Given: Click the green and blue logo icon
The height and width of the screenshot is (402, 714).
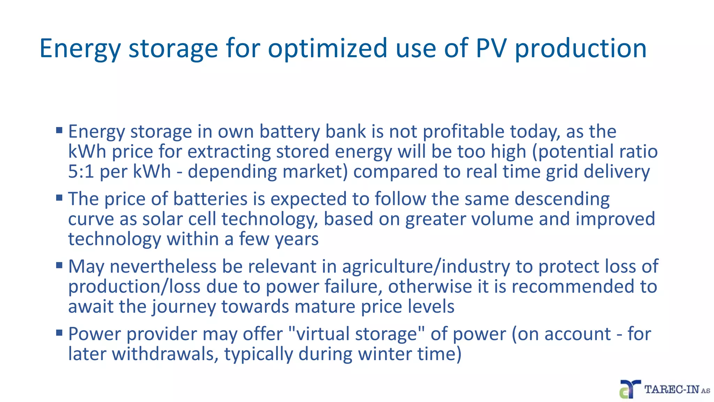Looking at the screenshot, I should coord(630,389).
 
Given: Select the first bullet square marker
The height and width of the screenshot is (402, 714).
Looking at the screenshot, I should coord(59,131).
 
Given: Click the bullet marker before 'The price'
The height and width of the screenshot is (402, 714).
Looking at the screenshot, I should coord(59,198).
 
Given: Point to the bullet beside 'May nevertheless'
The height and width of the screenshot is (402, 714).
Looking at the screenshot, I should coord(59,265).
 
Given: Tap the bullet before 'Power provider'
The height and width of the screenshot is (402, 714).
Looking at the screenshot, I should coord(59,333).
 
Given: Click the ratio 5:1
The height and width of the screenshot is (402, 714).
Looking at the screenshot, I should coord(81,171).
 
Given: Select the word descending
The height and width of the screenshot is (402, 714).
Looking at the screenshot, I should coord(562,199).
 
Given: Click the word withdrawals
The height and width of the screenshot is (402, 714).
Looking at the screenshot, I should coord(165,354).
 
